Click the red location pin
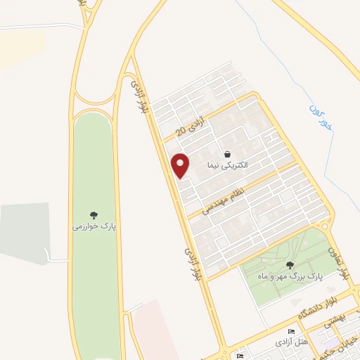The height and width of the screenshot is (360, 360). (181, 165)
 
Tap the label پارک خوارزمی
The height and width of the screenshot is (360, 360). (94, 226)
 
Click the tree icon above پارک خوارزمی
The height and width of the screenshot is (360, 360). (94, 215)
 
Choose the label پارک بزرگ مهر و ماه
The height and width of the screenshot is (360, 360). (290, 277)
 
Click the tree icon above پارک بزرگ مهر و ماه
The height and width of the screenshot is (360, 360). (290, 266)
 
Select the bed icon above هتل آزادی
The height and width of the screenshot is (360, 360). (292, 331)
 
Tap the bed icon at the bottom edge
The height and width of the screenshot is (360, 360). (240, 356)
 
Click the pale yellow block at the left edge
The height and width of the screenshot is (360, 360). (11, 49)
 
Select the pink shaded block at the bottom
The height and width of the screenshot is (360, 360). (155, 330)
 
